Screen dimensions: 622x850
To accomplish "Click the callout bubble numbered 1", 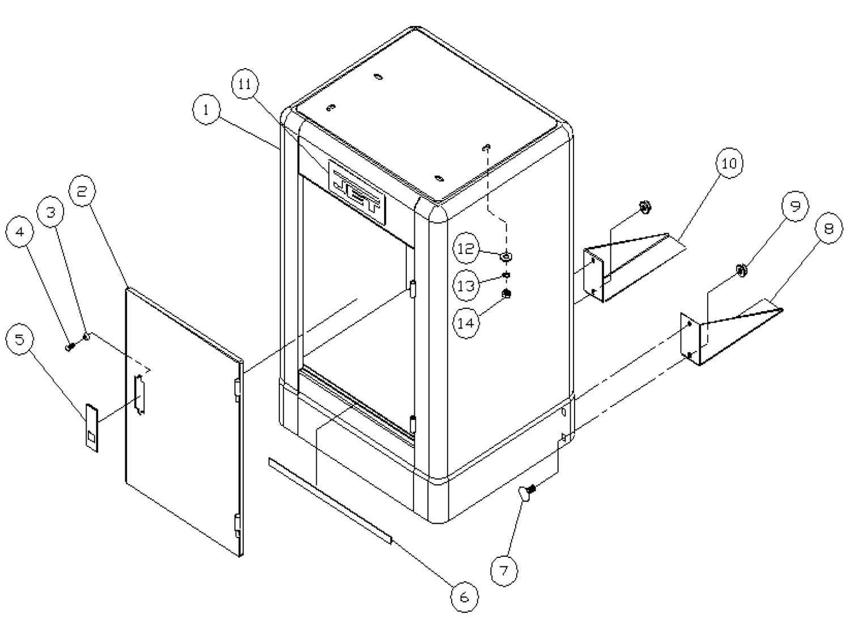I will (x=206, y=110).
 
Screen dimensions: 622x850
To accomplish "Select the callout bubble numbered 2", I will (x=83, y=192).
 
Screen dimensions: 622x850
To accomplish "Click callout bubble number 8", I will (x=828, y=229).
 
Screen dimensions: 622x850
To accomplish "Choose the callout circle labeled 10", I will (x=729, y=163).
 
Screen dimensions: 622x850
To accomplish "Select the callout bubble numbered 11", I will (x=245, y=85).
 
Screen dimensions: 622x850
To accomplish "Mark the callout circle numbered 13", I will (x=466, y=286).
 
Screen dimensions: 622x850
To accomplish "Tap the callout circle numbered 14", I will (x=466, y=323).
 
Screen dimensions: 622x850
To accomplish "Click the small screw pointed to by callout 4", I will (x=70, y=346).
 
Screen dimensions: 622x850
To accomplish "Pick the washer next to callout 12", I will (x=506, y=256).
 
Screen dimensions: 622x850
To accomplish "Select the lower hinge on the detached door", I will (x=237, y=524).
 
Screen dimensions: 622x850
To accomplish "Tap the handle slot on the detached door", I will (x=139, y=394).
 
